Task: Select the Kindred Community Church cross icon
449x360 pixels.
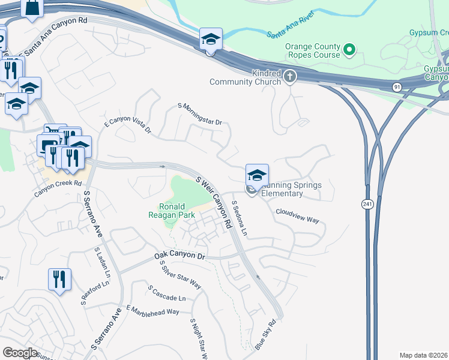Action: click(290, 76)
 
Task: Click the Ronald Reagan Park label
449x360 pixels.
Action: click(171, 211)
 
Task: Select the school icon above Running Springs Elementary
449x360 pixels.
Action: click(257, 175)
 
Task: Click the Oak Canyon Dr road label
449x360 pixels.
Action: click(179, 256)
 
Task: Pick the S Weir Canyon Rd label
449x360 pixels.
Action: click(214, 202)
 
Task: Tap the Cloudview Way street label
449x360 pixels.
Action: click(297, 215)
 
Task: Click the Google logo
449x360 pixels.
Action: click(20, 353)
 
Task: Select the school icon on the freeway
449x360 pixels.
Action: click(211, 40)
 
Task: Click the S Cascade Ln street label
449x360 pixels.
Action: click(166, 293)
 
